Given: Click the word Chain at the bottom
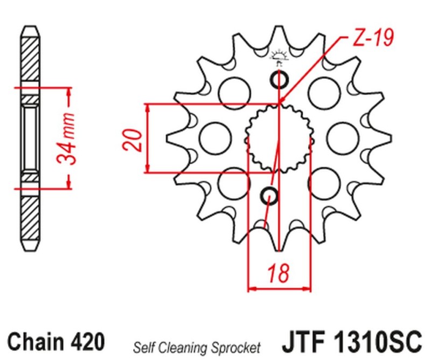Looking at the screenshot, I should pyautogui.click(x=36, y=342).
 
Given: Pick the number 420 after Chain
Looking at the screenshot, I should pyautogui.click(x=87, y=342).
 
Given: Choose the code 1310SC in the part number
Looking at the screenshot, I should pyautogui.click(x=377, y=342).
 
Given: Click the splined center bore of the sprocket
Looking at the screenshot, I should pyautogui.click(x=279, y=139).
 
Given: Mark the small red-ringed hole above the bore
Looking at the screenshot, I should pyautogui.click(x=280, y=80).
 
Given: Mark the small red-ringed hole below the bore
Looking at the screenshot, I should pyautogui.click(x=270, y=196).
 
